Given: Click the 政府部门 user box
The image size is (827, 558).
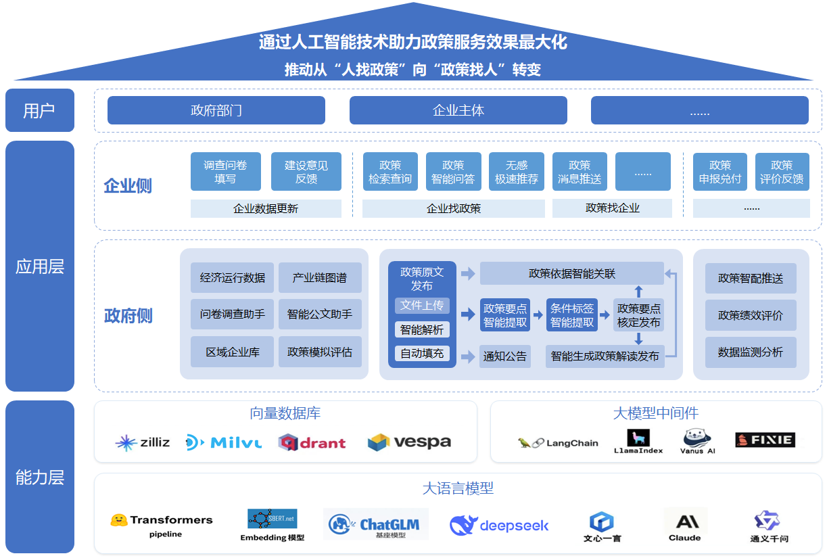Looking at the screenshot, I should pyautogui.click(x=216, y=110).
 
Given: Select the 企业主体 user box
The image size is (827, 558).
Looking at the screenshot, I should pyautogui.click(x=458, y=110).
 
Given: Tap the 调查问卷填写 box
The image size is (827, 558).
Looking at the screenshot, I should pyautogui.click(x=225, y=172).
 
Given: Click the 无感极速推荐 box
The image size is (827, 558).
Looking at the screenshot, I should pyautogui.click(x=516, y=172).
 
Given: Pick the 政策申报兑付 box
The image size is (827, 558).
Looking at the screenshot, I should pyautogui.click(x=719, y=172).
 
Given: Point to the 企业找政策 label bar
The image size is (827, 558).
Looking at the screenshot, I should pyautogui.click(x=453, y=208).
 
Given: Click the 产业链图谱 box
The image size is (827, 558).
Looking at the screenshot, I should pyautogui.click(x=319, y=277).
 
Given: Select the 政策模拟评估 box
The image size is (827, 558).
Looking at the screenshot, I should pyautogui.click(x=319, y=352).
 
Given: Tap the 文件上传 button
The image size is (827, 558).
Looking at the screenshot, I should pyautogui.click(x=422, y=306).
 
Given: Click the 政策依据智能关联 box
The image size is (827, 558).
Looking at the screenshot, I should pyautogui.click(x=571, y=273).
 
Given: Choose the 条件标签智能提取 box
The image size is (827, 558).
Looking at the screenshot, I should pyautogui.click(x=571, y=315).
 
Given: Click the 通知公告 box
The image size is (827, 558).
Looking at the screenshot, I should pyautogui.click(x=504, y=356).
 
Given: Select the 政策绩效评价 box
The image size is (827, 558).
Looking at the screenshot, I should pyautogui.click(x=750, y=315).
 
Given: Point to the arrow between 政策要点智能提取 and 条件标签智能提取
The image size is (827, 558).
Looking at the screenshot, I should pyautogui.click(x=538, y=315).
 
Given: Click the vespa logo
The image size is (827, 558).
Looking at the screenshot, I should pyautogui.click(x=409, y=442).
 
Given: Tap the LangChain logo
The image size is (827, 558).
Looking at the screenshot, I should pyautogui.click(x=558, y=443).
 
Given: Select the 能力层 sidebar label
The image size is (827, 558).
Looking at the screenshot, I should pyautogui.click(x=39, y=477).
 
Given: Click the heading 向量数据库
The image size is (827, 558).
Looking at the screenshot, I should pyautogui.click(x=285, y=413).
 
